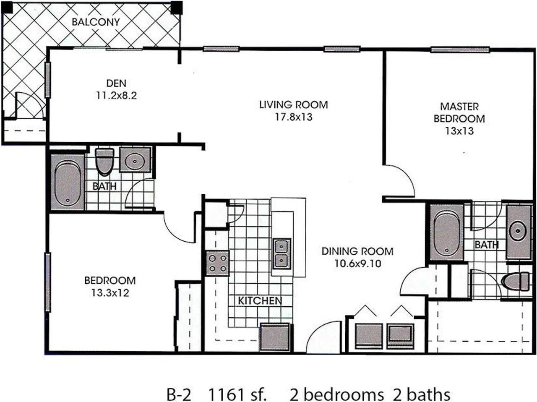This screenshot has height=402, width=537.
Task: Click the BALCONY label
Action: pos(96,22)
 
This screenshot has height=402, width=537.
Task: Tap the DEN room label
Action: pos(116,84)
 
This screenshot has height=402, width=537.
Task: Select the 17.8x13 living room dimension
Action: pos(293,117)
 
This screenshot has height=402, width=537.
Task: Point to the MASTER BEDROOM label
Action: pos(459,112)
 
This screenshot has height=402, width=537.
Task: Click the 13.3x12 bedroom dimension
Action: pos(110,292)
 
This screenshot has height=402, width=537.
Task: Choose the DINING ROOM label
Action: pos(357,251)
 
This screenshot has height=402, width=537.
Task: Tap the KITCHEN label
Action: pos(260,300)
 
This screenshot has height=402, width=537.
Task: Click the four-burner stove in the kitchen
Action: pos(217,263)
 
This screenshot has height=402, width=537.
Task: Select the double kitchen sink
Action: pos(282,254)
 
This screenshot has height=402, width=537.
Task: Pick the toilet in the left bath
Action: pos(105,161)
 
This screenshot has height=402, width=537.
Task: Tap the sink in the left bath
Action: pos(135,159)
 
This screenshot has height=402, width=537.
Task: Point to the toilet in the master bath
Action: pos(517,281)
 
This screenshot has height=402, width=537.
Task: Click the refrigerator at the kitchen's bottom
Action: pos(275,337)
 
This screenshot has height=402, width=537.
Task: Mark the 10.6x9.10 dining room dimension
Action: pos(357,264)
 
